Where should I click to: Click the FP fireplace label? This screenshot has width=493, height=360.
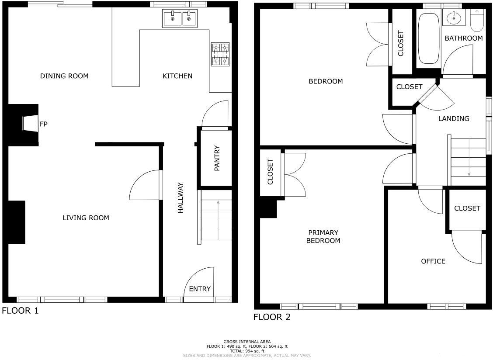43,124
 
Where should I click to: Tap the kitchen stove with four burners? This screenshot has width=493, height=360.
220,54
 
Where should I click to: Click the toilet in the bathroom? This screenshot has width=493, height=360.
477,21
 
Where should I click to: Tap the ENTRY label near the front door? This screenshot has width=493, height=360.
200,289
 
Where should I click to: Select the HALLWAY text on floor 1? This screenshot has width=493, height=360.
180,198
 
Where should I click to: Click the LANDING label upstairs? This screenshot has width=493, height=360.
454,118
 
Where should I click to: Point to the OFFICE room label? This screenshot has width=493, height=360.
433,261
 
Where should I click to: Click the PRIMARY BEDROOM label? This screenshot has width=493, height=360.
323,237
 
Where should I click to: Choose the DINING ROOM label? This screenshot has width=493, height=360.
64,76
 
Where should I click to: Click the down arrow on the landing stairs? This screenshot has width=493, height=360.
469,157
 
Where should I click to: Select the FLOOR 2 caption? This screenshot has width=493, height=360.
272,317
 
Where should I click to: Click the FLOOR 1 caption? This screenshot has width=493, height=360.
21,311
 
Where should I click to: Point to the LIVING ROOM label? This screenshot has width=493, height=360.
86,218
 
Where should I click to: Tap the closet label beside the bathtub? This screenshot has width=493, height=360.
401,43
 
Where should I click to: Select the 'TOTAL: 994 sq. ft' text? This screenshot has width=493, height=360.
247,351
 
